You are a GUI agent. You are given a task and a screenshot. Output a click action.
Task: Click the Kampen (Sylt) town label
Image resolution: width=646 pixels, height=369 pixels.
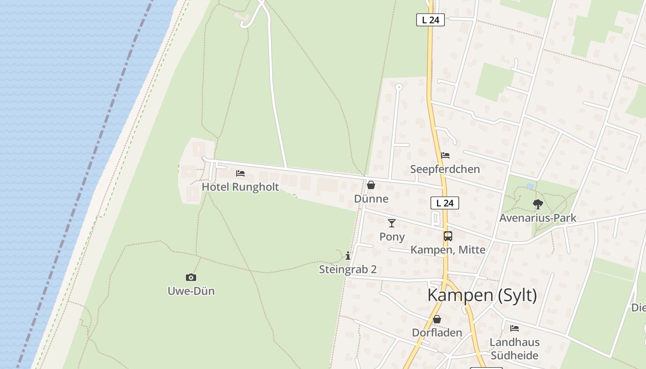[482, 295]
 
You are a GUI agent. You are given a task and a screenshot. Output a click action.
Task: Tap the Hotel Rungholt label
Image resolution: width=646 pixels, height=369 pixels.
[240, 187]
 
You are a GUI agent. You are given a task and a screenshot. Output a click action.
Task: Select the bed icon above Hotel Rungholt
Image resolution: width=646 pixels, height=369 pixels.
[240, 173]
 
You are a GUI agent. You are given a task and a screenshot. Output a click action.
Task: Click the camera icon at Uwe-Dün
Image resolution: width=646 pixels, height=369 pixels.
[191, 277]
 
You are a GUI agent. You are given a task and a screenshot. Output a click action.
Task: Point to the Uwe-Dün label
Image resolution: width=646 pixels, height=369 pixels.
[191, 291]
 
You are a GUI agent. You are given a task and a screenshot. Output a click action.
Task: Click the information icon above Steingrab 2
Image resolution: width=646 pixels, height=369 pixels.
[348, 256]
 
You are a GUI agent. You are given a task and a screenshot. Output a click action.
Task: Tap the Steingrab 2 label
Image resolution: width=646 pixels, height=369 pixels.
[348, 269]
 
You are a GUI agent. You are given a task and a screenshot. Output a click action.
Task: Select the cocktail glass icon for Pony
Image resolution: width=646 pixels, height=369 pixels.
[392, 223]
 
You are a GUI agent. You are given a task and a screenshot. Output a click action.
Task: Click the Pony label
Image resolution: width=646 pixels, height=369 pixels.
[392, 237]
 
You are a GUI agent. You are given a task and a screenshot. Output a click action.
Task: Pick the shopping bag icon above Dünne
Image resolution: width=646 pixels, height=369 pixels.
[371, 185]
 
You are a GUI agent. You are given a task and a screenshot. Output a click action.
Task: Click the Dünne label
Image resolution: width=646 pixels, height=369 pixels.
[371, 199]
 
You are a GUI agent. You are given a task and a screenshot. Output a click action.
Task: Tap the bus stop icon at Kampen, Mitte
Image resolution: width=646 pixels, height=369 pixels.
[448, 236]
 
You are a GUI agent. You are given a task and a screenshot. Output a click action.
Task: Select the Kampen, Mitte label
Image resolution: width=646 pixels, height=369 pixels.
[448, 250]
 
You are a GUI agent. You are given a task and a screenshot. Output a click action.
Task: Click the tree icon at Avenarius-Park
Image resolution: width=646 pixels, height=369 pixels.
[538, 204]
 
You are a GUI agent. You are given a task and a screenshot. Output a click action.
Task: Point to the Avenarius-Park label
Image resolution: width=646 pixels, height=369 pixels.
[538, 218]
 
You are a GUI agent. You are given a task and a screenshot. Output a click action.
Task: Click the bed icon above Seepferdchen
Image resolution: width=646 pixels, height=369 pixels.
[445, 155]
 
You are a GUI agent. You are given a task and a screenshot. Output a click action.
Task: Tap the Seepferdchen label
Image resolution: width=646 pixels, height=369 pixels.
[445, 169]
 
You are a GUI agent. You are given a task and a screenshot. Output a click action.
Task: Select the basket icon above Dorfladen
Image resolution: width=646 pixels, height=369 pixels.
[437, 319]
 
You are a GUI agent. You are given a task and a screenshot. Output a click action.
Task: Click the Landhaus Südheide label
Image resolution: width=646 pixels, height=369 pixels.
[514, 349]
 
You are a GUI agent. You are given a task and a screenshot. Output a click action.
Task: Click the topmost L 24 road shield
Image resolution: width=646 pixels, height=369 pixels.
[431, 20]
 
